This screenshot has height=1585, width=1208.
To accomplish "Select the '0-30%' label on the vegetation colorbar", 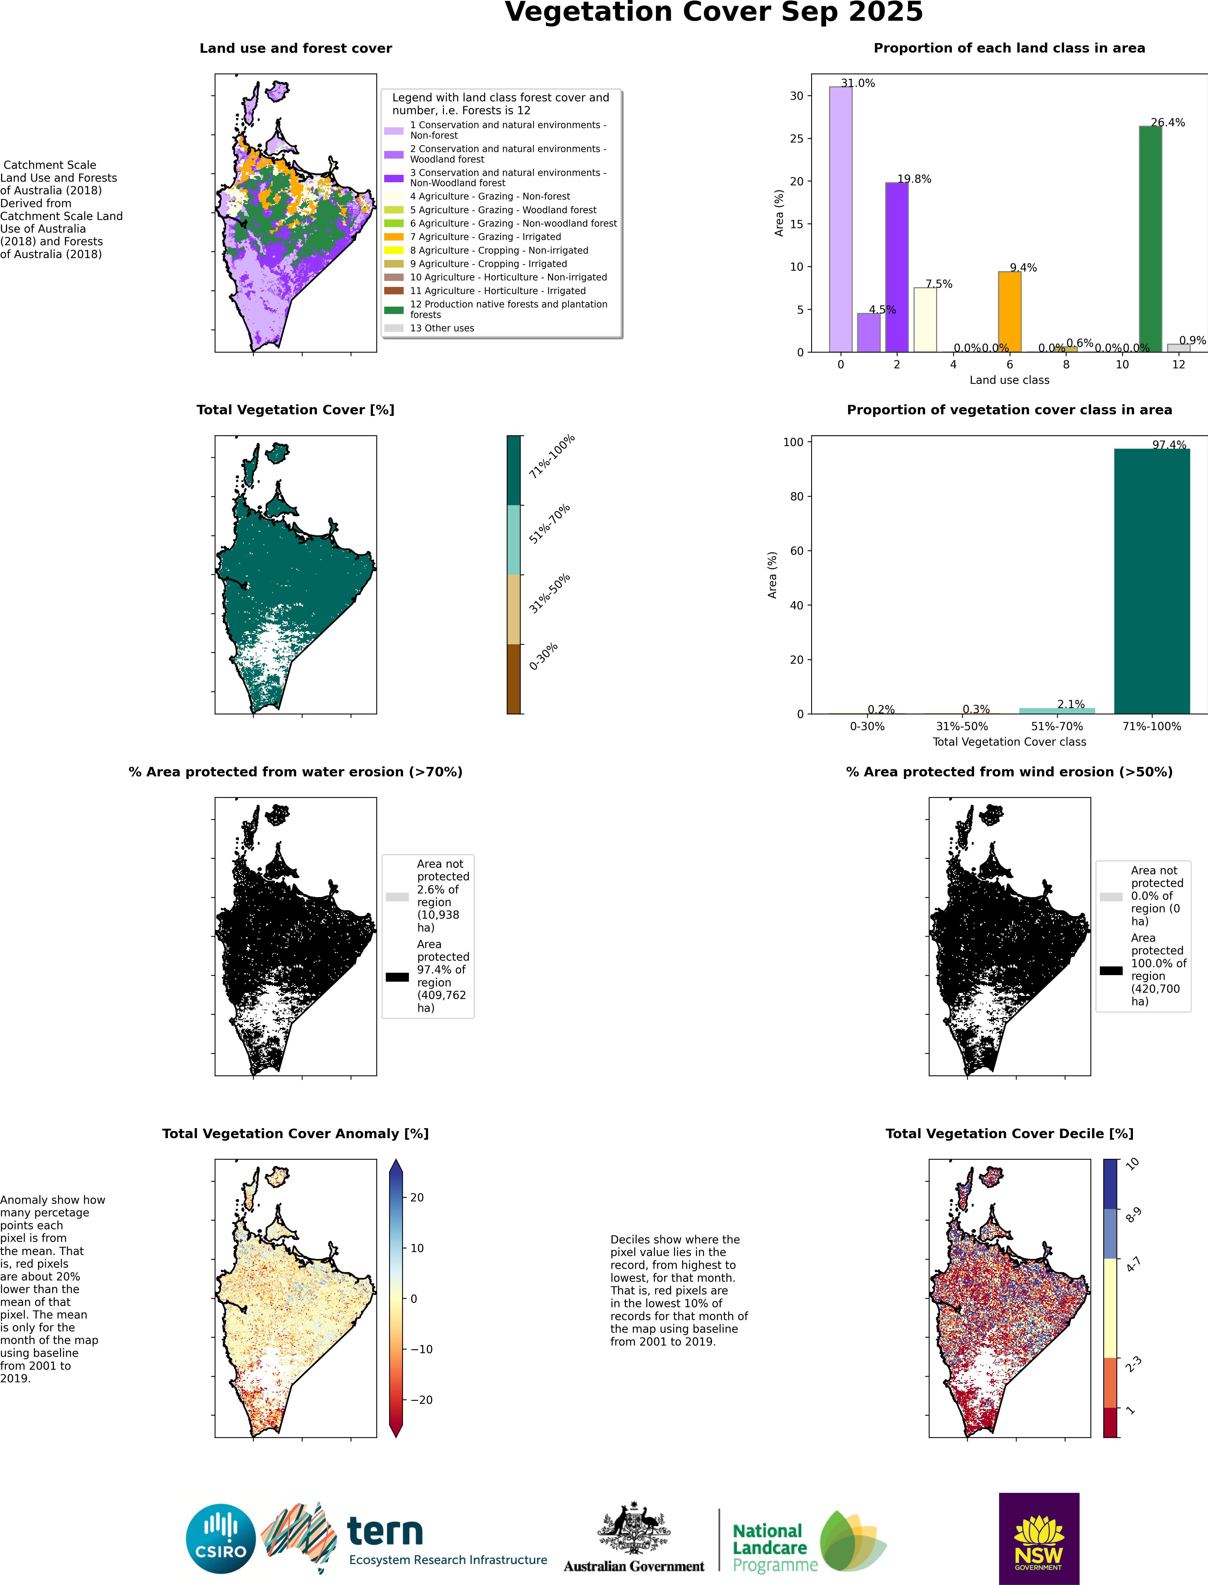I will point(544,657).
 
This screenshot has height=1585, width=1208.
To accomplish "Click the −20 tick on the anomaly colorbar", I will point(421,1399).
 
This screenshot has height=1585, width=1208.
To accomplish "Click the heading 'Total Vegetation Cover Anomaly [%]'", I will point(296,1133).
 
